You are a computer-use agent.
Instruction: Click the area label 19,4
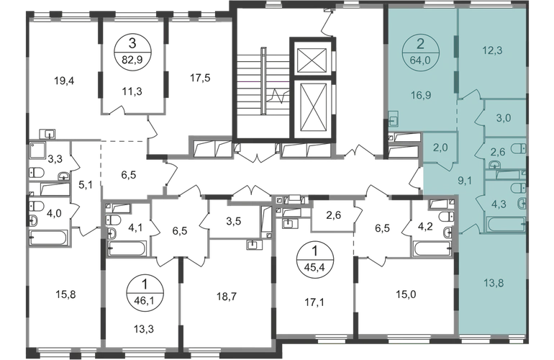64,81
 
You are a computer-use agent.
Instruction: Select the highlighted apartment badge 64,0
420,52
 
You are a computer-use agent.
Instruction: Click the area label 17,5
200,78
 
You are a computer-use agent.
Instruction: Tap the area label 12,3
493,50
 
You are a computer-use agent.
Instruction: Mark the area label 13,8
494,283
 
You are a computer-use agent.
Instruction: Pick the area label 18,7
227,297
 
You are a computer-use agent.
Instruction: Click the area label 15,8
65,294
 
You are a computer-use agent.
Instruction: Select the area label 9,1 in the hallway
465,181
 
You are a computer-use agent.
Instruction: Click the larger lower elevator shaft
311,109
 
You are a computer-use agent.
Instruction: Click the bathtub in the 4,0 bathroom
48,238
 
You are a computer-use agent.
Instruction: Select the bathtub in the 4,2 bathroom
433,248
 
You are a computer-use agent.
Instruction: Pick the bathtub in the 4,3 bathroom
506,224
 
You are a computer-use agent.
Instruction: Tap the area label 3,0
504,118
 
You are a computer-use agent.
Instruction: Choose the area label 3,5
234,221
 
